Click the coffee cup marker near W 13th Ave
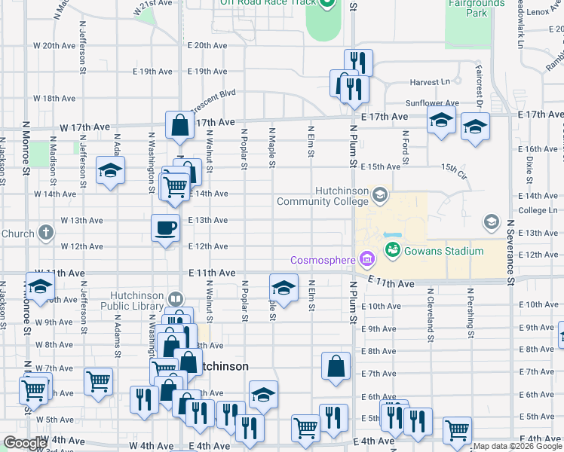pos(165,227)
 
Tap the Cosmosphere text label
pos(323,261)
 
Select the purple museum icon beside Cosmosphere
pos(366,261)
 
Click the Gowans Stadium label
pos(443,250)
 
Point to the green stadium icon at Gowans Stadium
pos(393,249)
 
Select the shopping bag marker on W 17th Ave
pos(179,126)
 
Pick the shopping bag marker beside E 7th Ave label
pos(336,366)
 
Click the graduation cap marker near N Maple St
pos(284,289)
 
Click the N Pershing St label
pos(470,312)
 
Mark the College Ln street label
pos(535,210)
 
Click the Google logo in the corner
pos(26,443)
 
